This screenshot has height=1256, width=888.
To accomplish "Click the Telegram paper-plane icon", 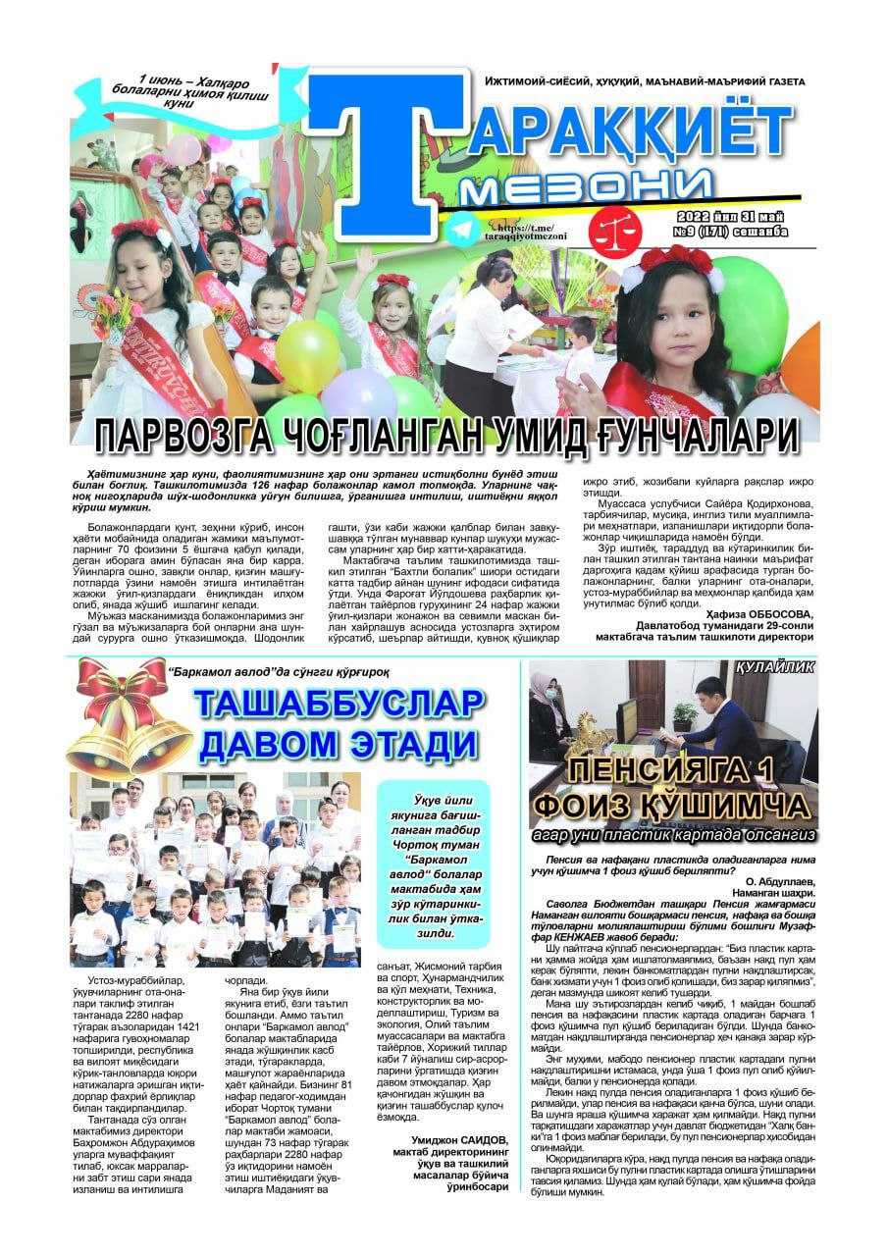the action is pyautogui.click(x=462, y=231).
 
